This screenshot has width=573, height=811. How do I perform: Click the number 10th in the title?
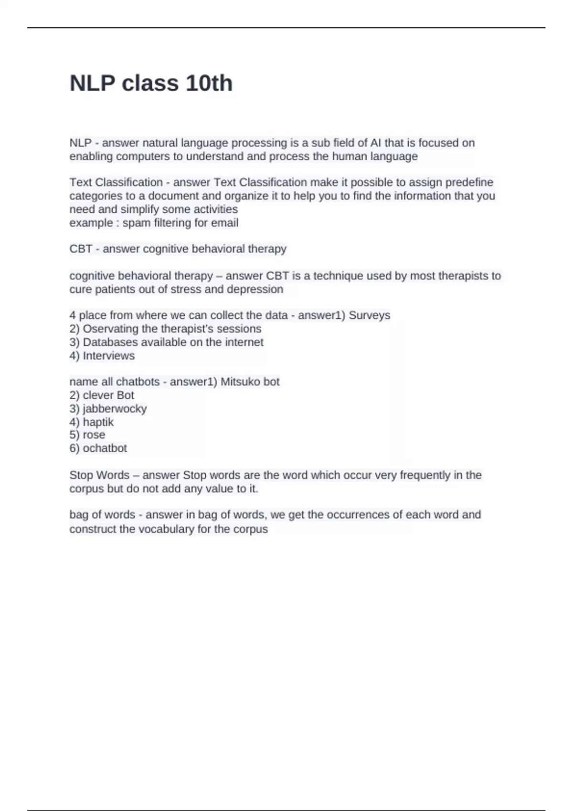coord(209,83)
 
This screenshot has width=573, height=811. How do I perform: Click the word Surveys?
coord(370,315)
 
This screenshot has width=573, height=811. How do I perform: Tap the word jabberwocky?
coord(115,409)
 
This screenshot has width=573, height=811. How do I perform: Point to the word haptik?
coord(98,422)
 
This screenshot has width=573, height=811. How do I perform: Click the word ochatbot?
coord(105,448)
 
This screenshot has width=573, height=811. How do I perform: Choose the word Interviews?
coord(108,356)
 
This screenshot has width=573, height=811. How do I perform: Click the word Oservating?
coord(110,329)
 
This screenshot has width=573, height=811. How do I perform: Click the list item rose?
coord(94,435)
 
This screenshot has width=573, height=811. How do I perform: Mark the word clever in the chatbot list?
coord(98,395)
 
